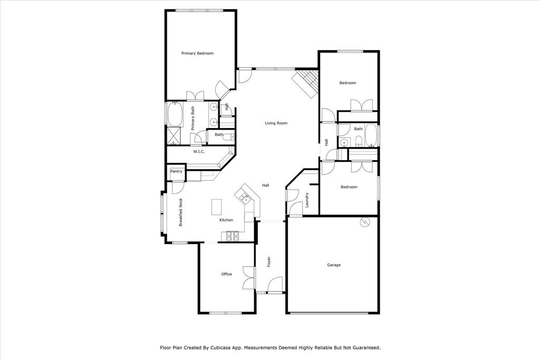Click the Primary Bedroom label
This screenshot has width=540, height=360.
(197, 53)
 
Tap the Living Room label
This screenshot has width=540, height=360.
(276, 123)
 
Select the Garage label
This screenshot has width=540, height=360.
(334, 265)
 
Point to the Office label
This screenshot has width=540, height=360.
(226, 274)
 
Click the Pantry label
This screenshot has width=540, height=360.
(176, 171)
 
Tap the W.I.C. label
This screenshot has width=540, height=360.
(199, 151)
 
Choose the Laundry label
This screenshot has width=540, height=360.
(307, 200)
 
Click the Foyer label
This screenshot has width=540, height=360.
(269, 262)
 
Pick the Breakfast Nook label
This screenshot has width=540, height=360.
(180, 212)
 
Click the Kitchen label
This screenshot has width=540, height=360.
(226, 220)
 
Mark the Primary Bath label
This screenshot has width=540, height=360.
(192, 118)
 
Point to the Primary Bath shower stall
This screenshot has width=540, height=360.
(174, 136)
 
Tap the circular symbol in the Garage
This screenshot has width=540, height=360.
(364, 222)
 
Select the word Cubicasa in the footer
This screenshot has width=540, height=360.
(222, 347)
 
